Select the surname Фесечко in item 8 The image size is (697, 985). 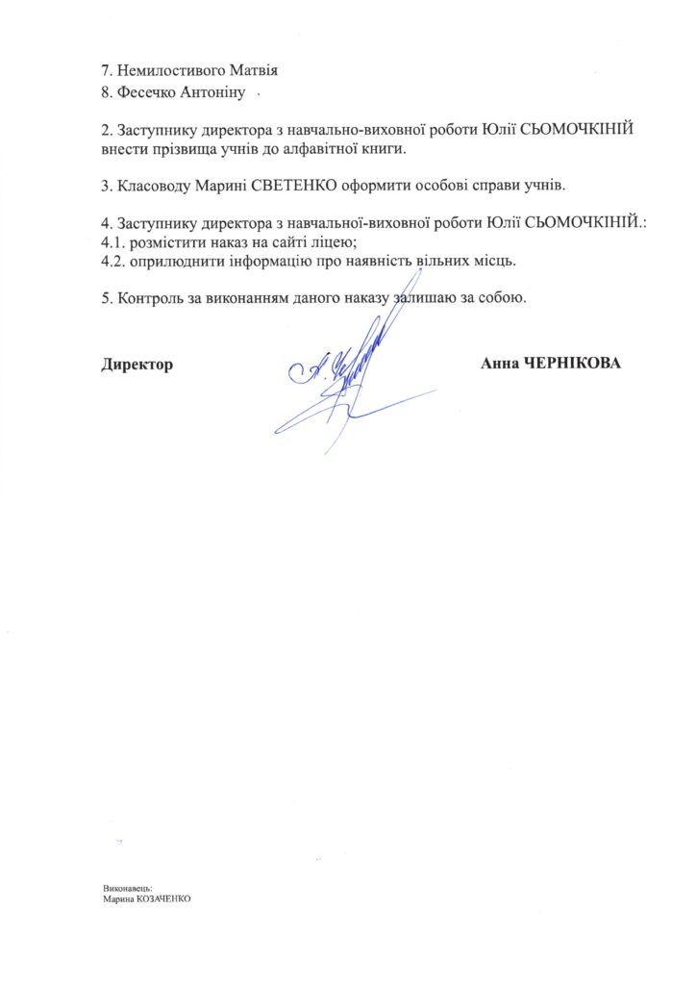(143, 92)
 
